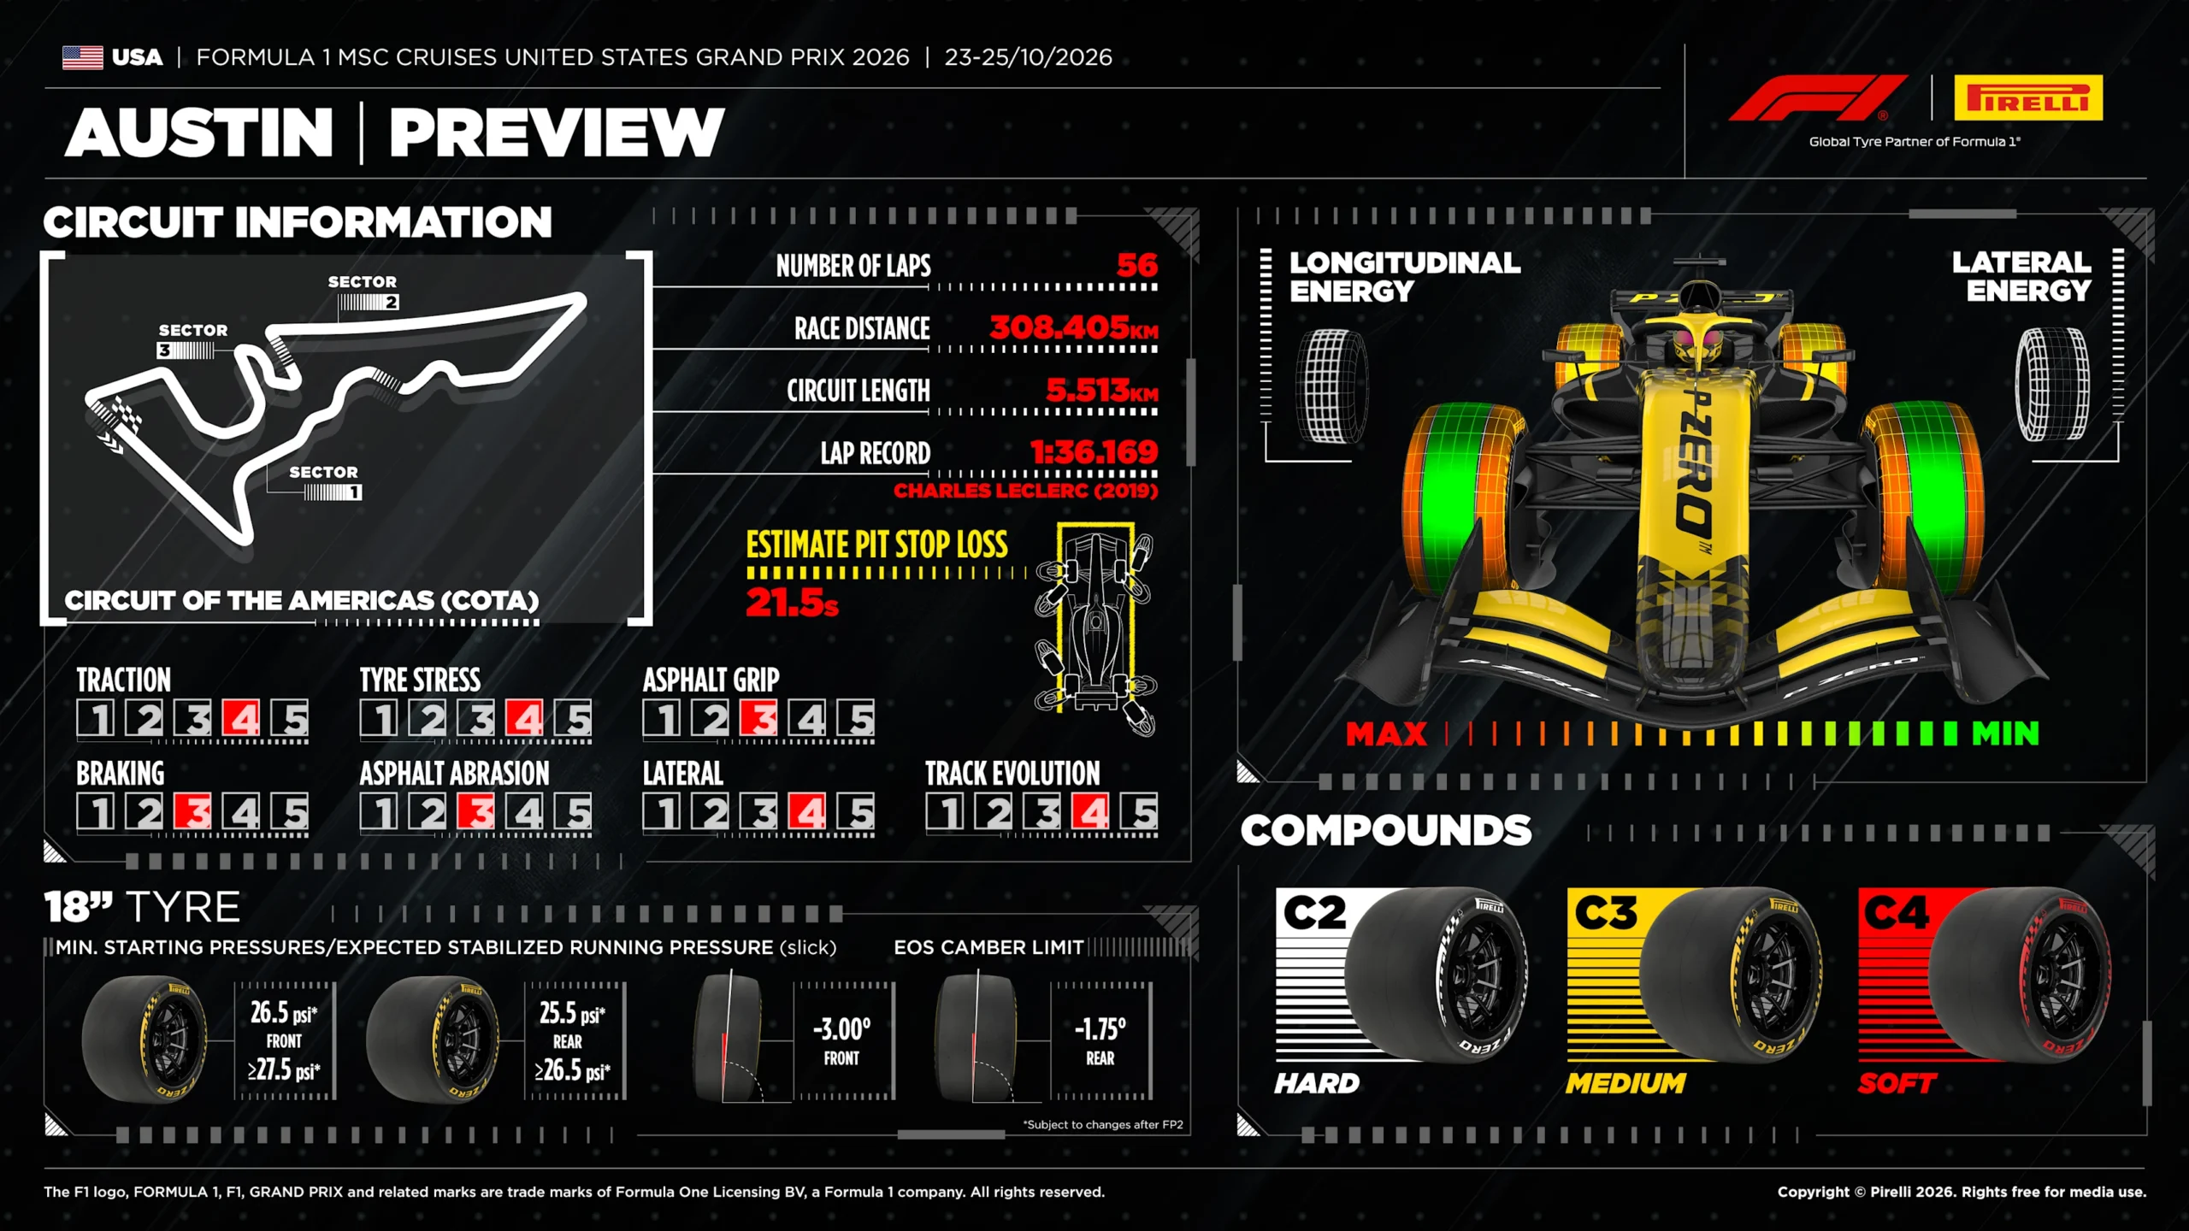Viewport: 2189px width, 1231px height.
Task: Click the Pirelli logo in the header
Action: pyautogui.click(x=2028, y=97)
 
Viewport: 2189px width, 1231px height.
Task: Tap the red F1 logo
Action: pyautogui.click(x=1818, y=97)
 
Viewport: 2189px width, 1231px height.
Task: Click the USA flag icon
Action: pyautogui.click(x=83, y=57)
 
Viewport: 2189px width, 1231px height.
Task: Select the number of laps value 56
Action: pyautogui.click(x=1137, y=265)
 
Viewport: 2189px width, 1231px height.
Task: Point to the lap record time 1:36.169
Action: pyautogui.click(x=1094, y=451)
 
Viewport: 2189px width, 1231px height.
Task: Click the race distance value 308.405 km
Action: pyautogui.click(x=1074, y=327)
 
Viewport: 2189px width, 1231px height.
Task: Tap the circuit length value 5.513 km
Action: pyautogui.click(x=1102, y=390)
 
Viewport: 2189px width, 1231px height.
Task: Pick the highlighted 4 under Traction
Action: pyautogui.click(x=241, y=718)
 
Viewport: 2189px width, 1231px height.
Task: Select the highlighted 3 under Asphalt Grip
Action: pyautogui.click(x=758, y=718)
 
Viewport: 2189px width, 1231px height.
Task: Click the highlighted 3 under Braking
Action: pyautogui.click(x=192, y=811)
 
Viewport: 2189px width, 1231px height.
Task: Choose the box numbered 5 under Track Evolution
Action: pyautogui.click(x=1140, y=811)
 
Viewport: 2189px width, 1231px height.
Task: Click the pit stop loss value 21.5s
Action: pyautogui.click(x=792, y=603)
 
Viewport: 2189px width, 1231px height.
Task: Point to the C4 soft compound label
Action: pyautogui.click(x=1897, y=912)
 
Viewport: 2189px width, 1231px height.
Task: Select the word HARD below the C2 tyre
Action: pyautogui.click(x=1317, y=1083)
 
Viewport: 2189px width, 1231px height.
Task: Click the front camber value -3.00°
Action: pyautogui.click(x=842, y=1028)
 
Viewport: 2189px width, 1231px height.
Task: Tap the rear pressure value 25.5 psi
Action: pyautogui.click(x=572, y=1013)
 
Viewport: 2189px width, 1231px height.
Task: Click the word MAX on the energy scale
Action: pyautogui.click(x=1386, y=733)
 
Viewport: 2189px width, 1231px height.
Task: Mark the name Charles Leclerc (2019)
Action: pyautogui.click(x=1026, y=491)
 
